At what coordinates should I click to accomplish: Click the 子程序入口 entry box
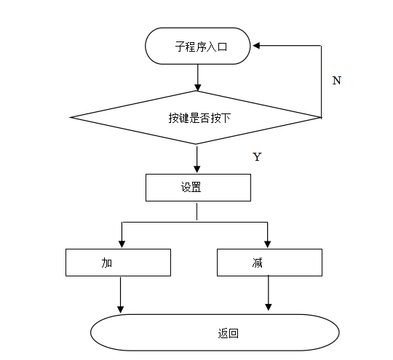pos(199,46)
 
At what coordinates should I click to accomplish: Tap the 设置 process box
pos(198,187)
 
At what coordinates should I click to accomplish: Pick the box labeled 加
pos(118,262)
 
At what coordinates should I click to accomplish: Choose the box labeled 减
pos(269,262)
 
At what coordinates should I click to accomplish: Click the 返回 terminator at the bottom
pos(215,334)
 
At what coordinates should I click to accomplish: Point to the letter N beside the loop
pos(336,81)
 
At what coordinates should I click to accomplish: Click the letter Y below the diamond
pos(256,157)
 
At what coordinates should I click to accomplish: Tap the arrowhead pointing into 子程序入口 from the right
pos(257,45)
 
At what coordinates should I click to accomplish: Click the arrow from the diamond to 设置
pos(197,158)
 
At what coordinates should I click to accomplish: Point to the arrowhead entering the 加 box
pos(121,244)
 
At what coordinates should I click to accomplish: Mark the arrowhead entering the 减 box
pos(268,244)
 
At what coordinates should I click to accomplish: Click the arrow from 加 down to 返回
pos(121,295)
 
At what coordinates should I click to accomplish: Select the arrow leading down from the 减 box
pos(269,293)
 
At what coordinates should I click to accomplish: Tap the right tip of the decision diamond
pos(320,116)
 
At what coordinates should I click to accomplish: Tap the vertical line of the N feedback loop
pos(322,80)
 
